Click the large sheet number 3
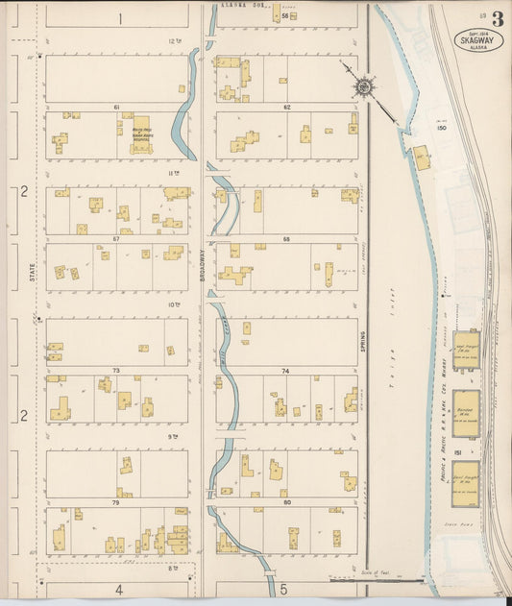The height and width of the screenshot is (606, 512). (x=497, y=19)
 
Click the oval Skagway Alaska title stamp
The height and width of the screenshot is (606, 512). (x=477, y=38)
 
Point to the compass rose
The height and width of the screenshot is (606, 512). (x=364, y=87)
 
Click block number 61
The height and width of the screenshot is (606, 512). (x=116, y=107)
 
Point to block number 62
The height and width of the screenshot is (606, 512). (x=286, y=107)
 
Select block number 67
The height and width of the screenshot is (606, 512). (x=116, y=237)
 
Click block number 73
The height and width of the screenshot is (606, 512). (x=116, y=370)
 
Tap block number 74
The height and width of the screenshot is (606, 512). (x=286, y=370)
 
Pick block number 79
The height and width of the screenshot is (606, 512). (x=116, y=502)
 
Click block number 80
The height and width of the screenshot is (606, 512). (x=286, y=502)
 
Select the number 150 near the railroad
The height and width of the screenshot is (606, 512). (x=441, y=128)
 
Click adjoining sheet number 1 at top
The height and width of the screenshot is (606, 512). (x=120, y=18)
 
